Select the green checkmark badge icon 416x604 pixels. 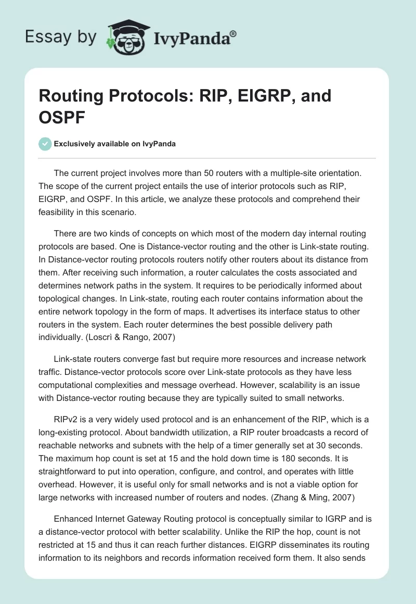click(x=45, y=144)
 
